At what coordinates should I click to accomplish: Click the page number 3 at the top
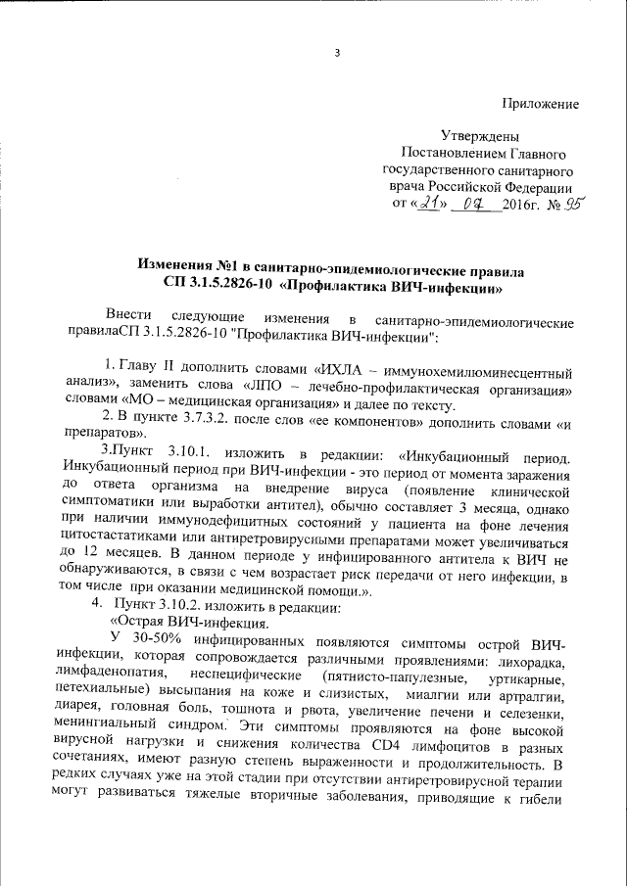[336, 53]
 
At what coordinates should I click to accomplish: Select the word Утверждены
[480, 137]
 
